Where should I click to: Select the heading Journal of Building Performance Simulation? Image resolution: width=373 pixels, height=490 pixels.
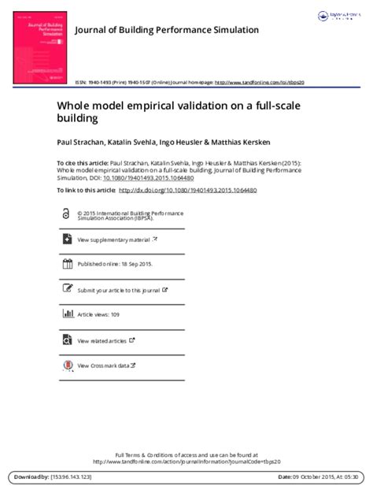point(166,30)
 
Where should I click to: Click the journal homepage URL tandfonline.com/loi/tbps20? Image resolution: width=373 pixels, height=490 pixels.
point(259,82)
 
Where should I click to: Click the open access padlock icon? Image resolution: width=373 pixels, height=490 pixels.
point(65,214)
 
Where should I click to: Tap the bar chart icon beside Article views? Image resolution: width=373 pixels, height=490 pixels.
point(65,314)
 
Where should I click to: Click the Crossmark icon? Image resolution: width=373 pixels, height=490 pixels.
point(65,365)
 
